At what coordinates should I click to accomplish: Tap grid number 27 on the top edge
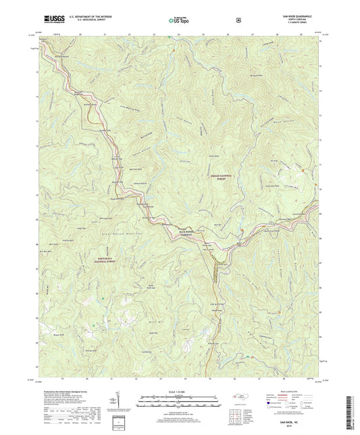pos(251,33)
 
